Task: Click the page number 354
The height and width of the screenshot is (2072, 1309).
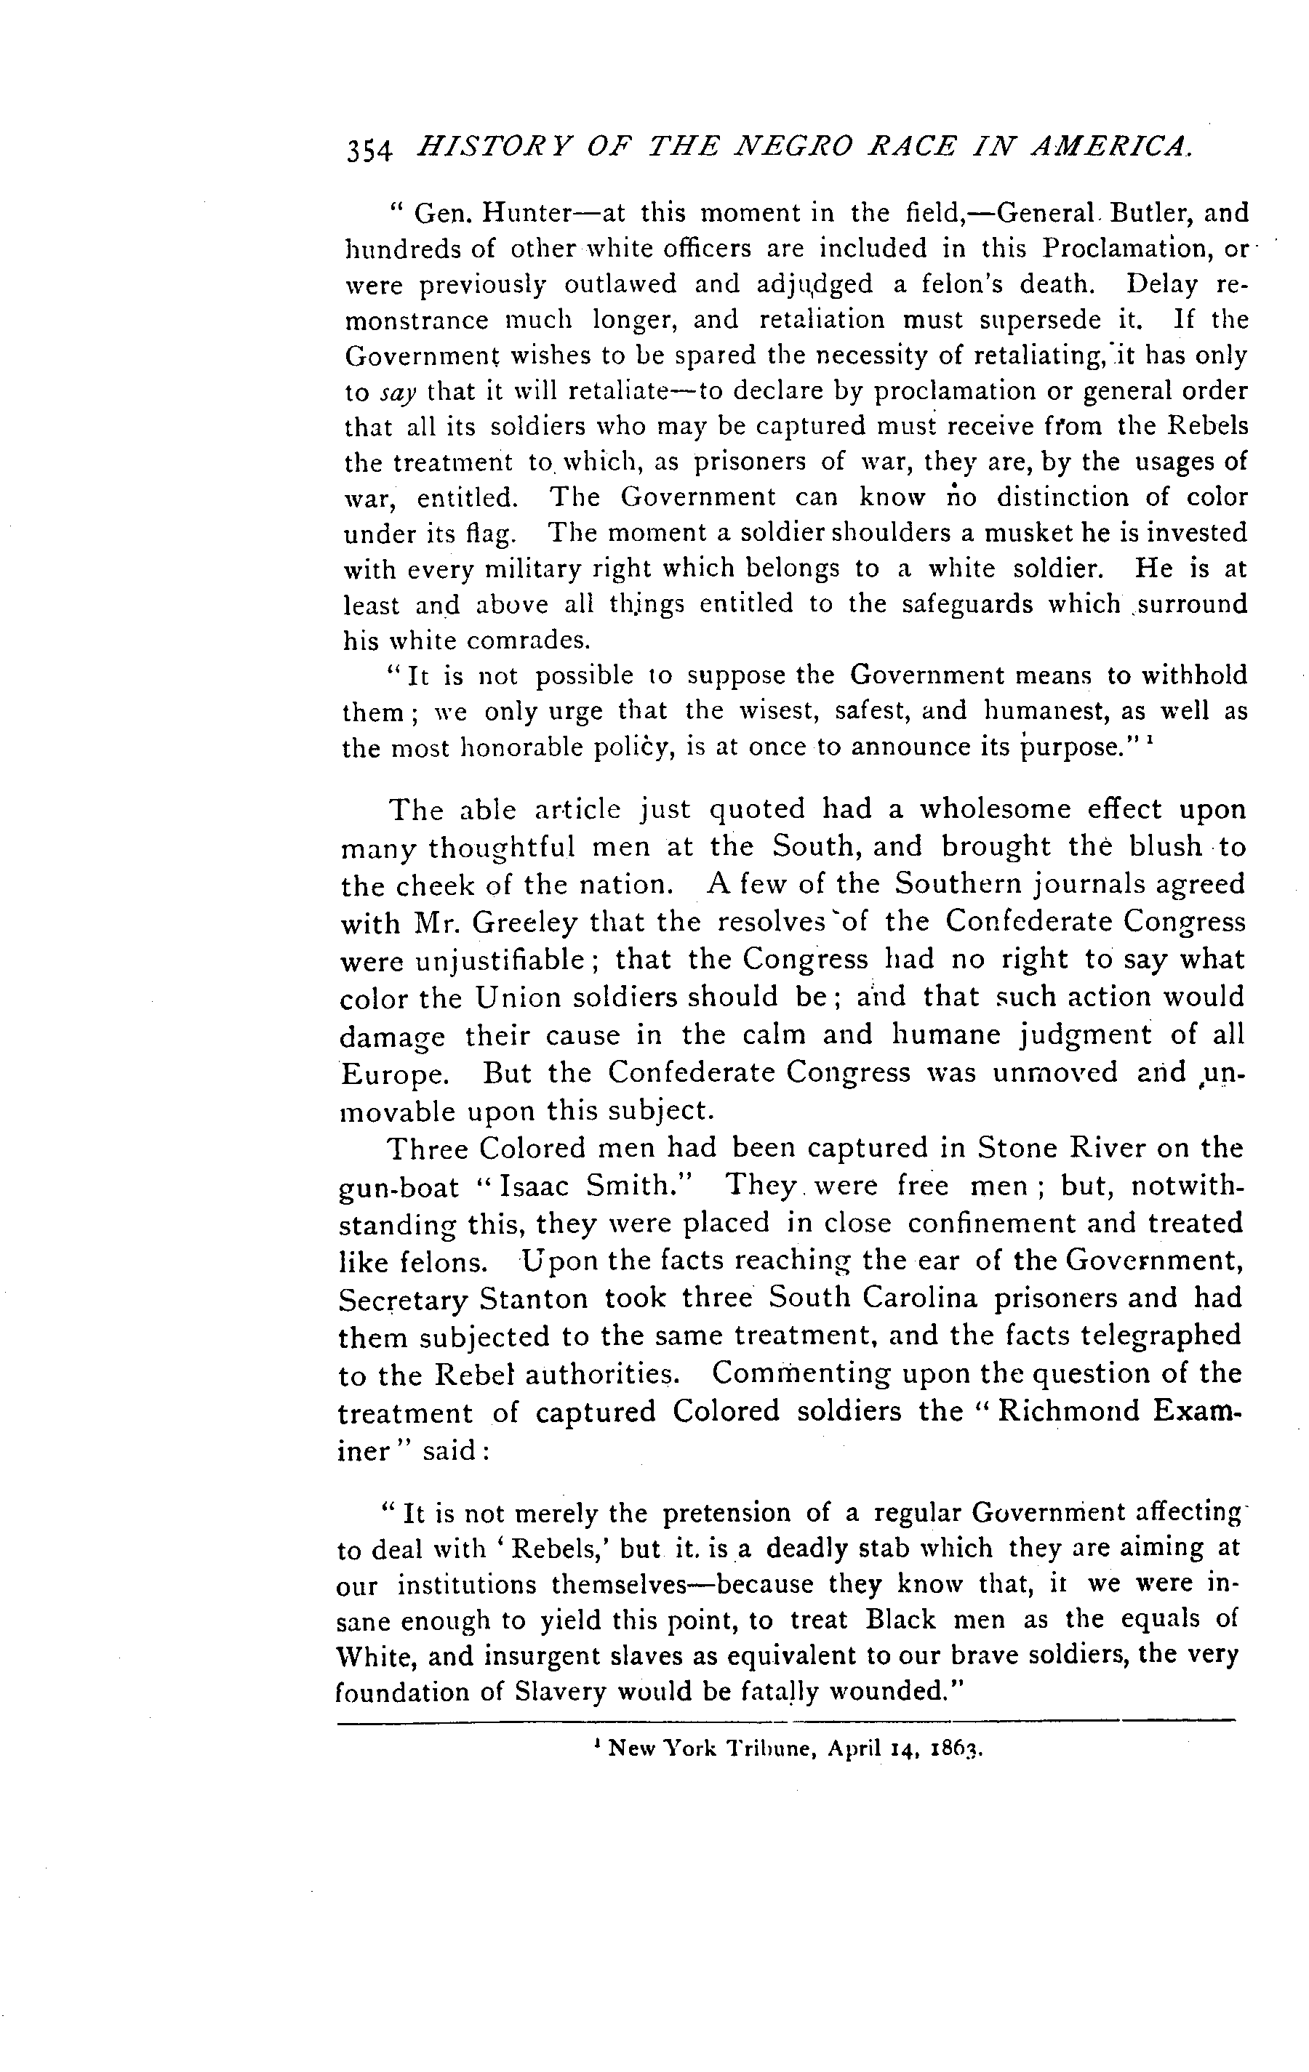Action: point(369,150)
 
